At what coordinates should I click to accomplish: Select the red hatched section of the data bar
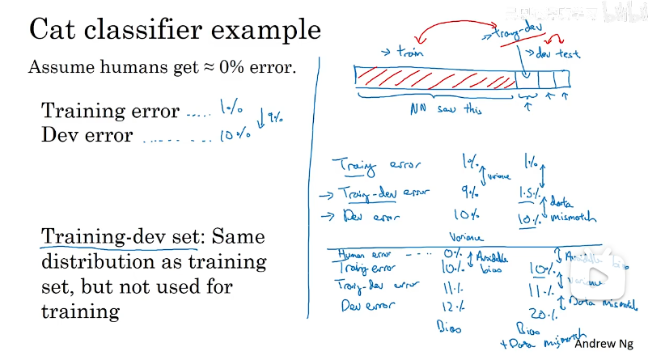tap(437, 78)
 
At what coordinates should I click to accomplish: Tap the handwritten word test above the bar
tap(570, 54)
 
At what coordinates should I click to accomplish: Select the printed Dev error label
tap(87, 135)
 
